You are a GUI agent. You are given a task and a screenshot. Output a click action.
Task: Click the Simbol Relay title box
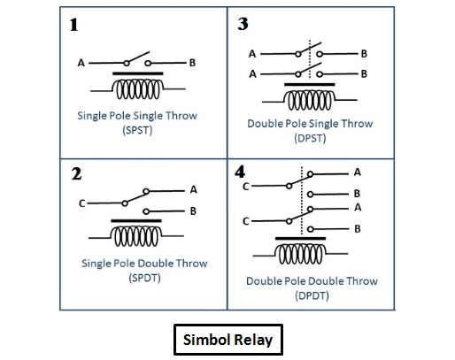coord(228,340)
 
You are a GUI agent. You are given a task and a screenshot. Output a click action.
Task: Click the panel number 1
coord(73,25)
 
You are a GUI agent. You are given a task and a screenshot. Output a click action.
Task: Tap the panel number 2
coord(76,173)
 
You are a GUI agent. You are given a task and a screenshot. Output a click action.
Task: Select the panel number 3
coord(243,24)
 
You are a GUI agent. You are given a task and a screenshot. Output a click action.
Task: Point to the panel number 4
coord(240,172)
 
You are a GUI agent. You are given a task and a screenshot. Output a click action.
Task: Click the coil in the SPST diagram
coord(138,89)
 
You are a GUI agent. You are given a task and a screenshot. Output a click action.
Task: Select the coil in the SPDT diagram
coord(136,236)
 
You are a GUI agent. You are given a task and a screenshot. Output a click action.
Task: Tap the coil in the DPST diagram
coord(310,100)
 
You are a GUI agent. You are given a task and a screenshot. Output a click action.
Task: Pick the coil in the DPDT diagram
coord(300,254)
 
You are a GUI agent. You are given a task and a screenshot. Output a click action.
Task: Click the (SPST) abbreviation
coord(137,130)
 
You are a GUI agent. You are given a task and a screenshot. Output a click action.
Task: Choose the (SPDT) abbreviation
coord(144,278)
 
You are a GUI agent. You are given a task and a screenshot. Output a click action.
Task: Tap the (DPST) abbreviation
coord(310,138)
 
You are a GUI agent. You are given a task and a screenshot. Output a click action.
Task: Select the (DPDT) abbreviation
coord(312,295)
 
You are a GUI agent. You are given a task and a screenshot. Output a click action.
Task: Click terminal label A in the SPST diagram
coord(81,63)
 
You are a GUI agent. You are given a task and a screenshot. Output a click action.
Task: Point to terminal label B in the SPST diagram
coord(192,63)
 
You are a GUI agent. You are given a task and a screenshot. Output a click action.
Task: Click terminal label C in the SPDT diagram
coord(82,203)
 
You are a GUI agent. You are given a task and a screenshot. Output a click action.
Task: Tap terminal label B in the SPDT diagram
coord(193,211)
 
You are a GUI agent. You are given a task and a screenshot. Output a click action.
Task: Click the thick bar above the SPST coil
coord(138,73)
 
